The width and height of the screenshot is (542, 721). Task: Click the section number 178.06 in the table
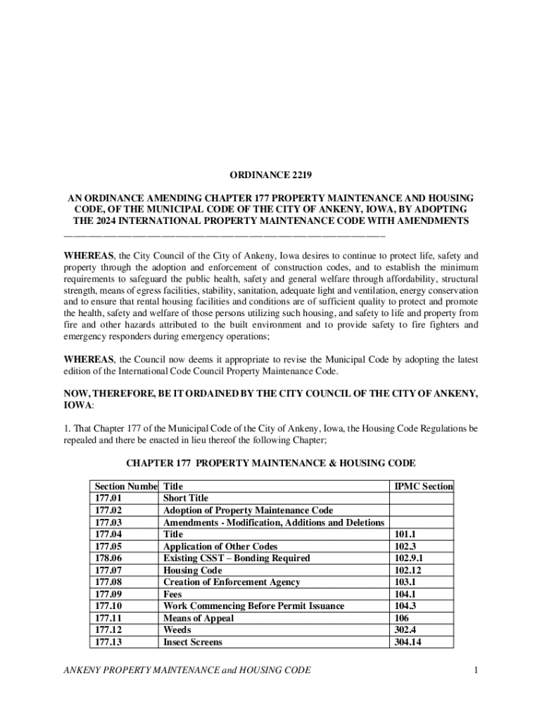108,558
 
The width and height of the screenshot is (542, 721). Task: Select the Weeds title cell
177,630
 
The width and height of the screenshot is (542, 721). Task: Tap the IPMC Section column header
423,487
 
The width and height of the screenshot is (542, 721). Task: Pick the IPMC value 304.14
408,642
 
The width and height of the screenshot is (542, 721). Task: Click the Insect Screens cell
192,642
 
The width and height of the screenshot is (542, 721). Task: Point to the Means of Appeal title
198,618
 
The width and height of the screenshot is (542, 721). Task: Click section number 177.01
108,499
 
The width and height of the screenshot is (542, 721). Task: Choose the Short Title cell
186,499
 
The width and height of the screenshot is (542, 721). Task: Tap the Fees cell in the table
172,594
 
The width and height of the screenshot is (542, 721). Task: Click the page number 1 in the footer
476,670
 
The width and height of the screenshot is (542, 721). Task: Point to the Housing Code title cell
192,570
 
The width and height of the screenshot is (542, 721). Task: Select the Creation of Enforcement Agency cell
232,582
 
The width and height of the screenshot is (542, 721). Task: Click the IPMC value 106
402,618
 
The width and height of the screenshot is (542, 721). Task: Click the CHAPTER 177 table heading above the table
270,463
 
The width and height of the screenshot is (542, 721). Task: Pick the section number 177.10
108,606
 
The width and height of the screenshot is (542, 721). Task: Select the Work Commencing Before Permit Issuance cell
253,606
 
